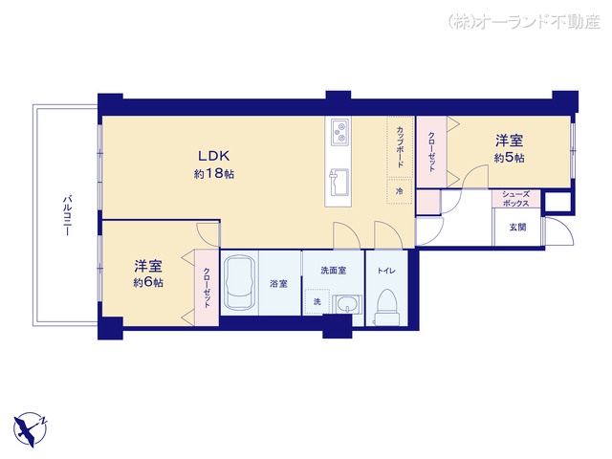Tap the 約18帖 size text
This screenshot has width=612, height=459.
(214, 174)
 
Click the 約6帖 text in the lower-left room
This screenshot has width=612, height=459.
(147, 283)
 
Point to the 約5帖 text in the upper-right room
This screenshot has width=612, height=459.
(509, 157)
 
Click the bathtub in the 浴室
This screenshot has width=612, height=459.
(239, 284)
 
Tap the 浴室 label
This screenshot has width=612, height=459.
(278, 283)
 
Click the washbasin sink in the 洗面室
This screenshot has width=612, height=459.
(346, 304)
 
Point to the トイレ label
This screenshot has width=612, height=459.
(386, 270)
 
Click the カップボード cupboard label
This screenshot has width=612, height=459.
(400, 148)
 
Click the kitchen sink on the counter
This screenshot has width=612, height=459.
(339, 179)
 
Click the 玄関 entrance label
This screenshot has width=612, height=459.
(516, 227)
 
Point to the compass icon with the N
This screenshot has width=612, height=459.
(31, 427)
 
